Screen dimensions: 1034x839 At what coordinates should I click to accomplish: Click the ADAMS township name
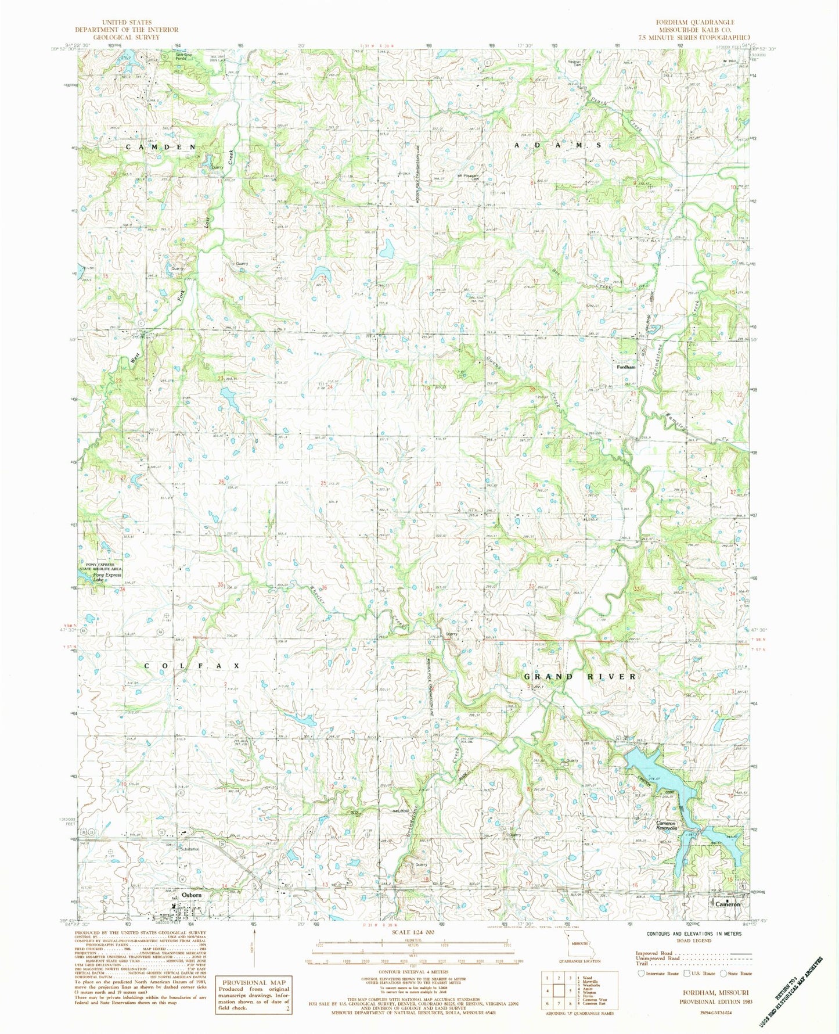tap(557, 143)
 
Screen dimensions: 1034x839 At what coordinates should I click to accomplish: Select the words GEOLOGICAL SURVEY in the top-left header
tap(126, 37)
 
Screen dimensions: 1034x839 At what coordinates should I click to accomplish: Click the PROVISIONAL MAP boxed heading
tap(252, 981)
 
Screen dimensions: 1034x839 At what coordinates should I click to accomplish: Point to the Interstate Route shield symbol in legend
tap(640, 973)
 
